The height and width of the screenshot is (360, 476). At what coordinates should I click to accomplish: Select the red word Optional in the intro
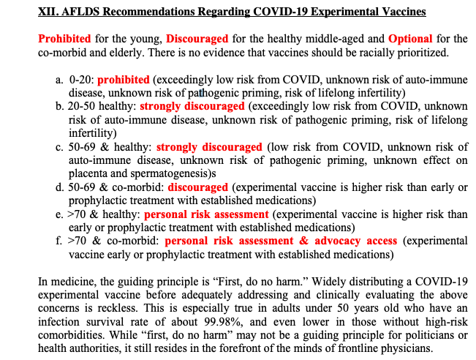click(x=410, y=39)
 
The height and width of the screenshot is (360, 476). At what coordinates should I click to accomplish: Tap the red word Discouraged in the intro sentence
click(x=197, y=39)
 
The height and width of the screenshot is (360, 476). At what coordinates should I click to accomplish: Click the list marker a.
click(x=58, y=79)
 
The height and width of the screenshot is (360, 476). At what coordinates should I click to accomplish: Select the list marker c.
click(x=58, y=147)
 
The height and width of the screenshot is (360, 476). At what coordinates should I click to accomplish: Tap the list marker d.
click(x=58, y=187)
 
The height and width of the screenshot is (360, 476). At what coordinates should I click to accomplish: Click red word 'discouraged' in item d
click(x=197, y=187)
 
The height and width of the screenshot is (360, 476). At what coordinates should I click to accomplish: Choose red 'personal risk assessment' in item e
click(x=206, y=214)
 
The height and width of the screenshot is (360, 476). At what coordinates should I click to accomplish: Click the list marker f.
click(x=58, y=241)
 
